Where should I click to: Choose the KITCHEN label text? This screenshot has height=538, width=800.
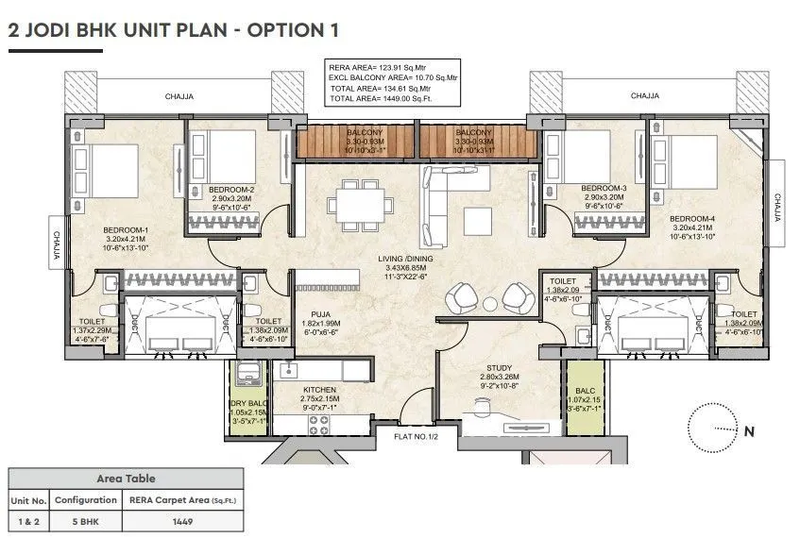pos(319,390)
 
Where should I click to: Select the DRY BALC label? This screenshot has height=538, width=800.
pos(249,404)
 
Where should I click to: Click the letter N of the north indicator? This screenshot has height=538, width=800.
pos(749,432)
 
